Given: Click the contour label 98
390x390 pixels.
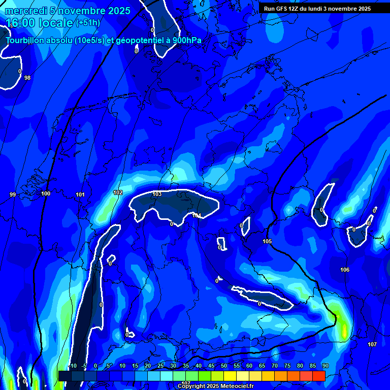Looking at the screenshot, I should point(27,78).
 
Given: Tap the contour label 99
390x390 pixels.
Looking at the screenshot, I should point(13,194).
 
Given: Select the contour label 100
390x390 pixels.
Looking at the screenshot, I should point(46,193).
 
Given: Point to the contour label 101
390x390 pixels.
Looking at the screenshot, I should point(80,194).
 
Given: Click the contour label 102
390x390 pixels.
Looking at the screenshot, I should point(118,192).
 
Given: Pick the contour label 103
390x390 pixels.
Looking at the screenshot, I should point(157,194).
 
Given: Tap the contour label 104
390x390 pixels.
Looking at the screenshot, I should point(197,216).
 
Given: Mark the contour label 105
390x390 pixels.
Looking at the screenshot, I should point(267,241).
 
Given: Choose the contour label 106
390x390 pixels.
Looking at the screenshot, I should point(345,270).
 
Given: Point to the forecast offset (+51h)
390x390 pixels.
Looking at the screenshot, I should point(87,23).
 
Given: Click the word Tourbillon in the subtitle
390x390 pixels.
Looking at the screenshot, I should point(25,41).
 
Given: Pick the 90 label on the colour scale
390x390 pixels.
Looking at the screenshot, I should point(326,366).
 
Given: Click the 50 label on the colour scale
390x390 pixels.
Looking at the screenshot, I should point(224,366).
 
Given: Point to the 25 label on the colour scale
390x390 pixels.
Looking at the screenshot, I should point(160,366).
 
